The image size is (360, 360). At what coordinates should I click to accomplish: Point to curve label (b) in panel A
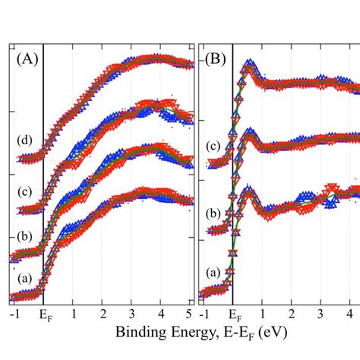click(25, 235)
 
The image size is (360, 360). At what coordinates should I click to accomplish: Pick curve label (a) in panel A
click(25, 279)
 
